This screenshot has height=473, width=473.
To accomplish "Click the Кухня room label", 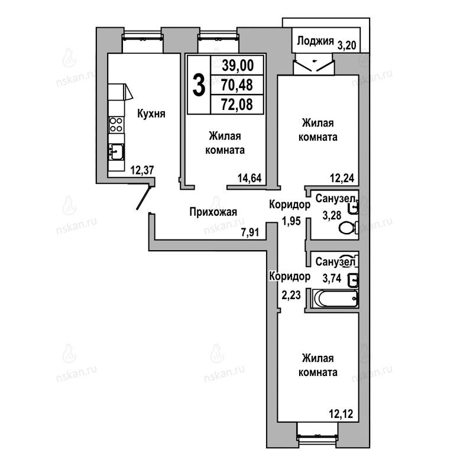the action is click(151, 114).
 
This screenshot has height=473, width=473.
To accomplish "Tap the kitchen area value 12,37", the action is click(142, 170).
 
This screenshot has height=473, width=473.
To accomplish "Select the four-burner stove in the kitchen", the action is click(116, 125).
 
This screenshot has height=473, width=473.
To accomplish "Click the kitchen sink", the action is click(116, 151).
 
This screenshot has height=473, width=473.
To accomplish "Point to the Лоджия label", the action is click(315, 41).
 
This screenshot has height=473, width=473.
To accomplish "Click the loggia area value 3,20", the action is click(346, 46).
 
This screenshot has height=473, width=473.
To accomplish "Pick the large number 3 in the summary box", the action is click(199, 85).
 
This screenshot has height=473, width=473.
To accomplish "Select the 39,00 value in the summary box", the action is click(238, 65).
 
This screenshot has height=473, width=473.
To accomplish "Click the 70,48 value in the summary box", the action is click(237, 85).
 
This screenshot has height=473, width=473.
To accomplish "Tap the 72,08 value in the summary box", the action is click(237, 105).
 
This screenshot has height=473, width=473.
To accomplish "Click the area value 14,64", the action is click(250, 178).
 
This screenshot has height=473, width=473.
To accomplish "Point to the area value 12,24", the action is click(342, 178).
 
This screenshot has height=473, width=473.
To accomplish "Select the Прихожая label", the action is click(213, 212).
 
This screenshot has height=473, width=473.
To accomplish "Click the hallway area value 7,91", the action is click(250, 232).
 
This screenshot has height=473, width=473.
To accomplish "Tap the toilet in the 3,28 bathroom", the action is click(348, 228).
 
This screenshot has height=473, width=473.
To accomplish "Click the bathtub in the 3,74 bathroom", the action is click(335, 298).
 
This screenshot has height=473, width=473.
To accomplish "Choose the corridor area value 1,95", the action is click(291, 221).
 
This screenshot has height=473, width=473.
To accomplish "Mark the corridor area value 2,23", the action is click(291, 295).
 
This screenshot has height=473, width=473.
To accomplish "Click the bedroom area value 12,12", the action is click(341, 413).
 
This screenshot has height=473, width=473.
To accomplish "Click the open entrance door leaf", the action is click(143, 198).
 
